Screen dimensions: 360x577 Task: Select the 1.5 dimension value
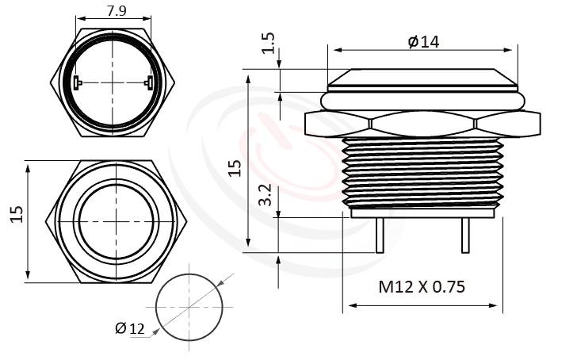267,44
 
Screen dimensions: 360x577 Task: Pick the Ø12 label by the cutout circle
130,329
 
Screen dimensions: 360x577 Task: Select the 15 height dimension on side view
234,167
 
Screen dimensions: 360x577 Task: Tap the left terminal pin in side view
380,236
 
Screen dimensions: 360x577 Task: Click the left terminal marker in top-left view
76,82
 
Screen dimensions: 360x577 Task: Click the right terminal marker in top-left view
149,82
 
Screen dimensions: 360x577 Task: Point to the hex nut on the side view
422,125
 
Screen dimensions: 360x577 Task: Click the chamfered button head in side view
422,78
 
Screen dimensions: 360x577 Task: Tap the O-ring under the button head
422,101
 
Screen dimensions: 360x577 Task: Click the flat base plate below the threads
422,213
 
